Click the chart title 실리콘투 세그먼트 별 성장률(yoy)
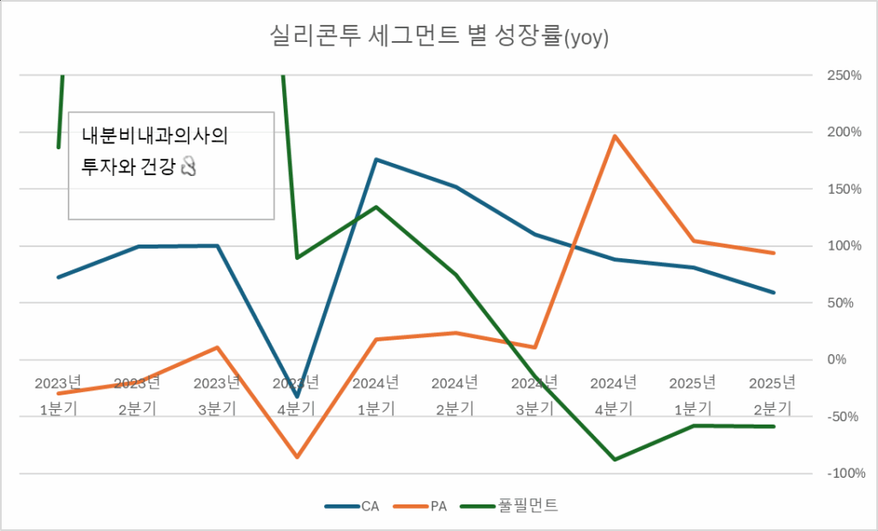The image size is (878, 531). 438,37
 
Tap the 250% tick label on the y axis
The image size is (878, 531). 844,75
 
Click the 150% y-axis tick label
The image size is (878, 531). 844,189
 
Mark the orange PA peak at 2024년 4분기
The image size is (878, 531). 615,136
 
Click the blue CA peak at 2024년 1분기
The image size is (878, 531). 376,160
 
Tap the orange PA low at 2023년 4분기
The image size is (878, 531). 297,457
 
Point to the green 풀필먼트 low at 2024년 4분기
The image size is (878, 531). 615,460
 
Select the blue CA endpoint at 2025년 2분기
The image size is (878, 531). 774,293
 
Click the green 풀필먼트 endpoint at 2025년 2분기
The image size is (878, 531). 774,426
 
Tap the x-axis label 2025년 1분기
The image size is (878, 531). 693,395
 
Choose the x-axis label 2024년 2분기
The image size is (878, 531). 456,395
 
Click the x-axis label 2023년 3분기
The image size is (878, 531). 218,395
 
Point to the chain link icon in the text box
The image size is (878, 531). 189,167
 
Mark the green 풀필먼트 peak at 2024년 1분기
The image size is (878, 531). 376,207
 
